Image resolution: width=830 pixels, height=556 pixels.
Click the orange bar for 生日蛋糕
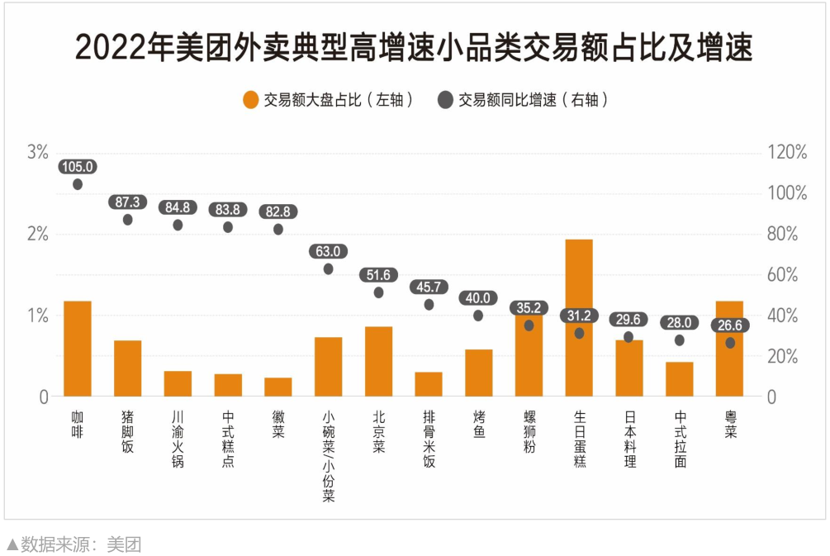tap(579, 318)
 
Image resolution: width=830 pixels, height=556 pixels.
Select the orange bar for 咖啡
tap(78, 349)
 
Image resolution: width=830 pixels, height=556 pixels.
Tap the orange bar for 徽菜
tap(278, 387)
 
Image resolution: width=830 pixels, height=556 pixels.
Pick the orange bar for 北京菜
tap(378, 361)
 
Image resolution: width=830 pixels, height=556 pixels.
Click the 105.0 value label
tap(78, 167)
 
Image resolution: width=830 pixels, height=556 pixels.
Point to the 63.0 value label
tap(328, 251)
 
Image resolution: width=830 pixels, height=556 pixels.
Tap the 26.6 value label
tap(730, 326)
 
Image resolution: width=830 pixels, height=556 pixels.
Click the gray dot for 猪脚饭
tap(128, 220)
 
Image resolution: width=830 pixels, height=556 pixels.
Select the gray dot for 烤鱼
tap(478, 316)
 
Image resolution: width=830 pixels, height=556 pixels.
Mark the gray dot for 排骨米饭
tap(429, 305)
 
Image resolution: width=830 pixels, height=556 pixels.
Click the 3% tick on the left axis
tap(38, 152)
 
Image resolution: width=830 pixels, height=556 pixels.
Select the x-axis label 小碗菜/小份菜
tap(329, 456)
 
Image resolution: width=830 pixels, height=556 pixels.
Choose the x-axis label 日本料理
tap(629, 438)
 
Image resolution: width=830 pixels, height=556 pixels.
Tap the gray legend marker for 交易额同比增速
tap(445, 100)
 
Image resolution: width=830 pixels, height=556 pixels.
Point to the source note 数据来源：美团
tap(74, 544)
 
